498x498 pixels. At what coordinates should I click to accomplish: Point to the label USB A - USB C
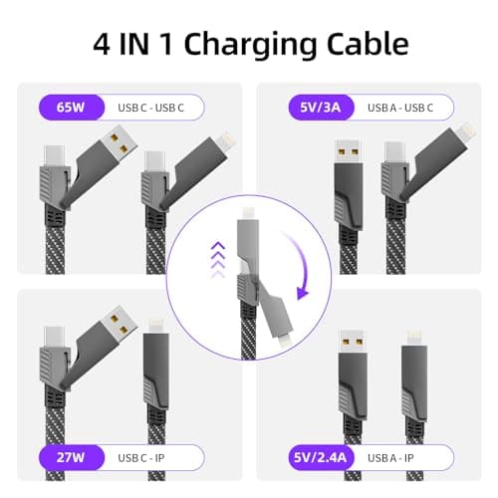(398, 107)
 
